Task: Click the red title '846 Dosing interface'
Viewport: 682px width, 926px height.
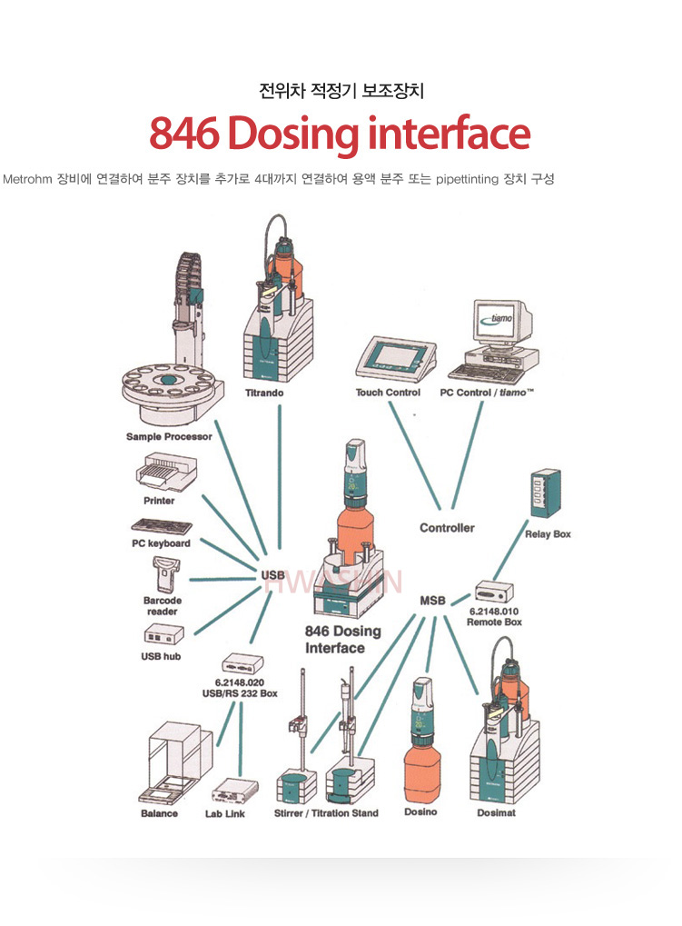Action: (340, 134)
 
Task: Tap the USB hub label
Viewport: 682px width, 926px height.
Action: (161, 656)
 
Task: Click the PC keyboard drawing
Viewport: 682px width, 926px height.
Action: (161, 526)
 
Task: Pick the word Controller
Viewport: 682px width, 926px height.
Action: (447, 528)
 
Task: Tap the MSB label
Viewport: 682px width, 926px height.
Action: (432, 601)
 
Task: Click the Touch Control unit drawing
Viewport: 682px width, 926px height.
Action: (388, 361)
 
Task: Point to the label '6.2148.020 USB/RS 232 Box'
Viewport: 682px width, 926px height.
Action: (240, 687)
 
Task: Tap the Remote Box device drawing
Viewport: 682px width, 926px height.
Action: (494, 592)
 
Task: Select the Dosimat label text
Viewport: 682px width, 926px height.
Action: (496, 813)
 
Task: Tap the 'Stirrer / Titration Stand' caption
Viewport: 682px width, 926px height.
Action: (326, 813)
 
